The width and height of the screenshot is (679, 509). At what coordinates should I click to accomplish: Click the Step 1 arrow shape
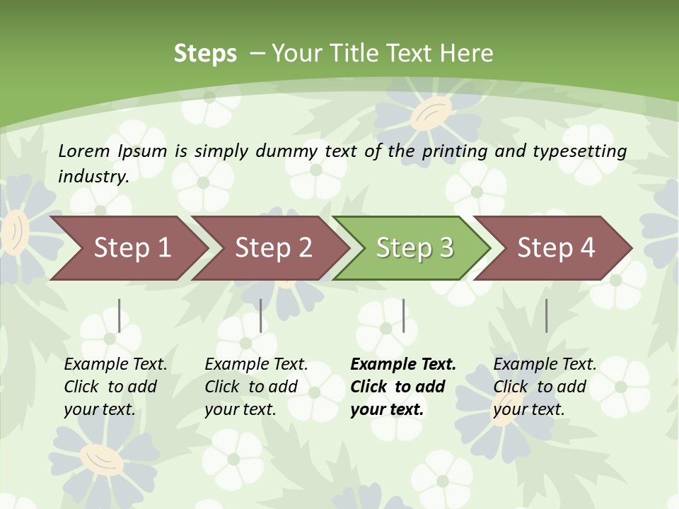[x=132, y=248]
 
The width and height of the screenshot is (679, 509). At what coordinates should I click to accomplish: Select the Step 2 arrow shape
[x=274, y=248]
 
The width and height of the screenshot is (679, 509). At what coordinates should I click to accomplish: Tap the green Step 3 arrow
[x=414, y=248]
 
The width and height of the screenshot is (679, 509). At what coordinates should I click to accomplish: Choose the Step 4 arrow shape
[x=556, y=248]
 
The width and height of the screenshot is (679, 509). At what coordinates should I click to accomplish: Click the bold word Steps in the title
[x=205, y=54]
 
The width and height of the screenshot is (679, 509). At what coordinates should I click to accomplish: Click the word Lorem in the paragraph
[x=84, y=151]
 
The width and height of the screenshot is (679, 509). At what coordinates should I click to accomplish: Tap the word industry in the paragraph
[x=93, y=176]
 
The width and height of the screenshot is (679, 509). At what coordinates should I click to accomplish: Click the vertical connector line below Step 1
[x=120, y=315]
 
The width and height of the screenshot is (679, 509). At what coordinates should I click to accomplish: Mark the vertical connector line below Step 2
[x=261, y=315]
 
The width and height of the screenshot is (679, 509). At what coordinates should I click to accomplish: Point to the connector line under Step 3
[x=403, y=315]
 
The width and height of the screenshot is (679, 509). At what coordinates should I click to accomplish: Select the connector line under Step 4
[x=546, y=315]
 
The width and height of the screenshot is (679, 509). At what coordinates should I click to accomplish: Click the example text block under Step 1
[x=115, y=387]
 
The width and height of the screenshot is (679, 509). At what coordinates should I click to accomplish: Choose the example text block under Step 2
[x=256, y=387]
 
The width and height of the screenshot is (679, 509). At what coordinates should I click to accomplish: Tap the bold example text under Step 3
[x=403, y=387]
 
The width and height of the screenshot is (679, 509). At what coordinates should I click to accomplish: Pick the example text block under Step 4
[x=545, y=387]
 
